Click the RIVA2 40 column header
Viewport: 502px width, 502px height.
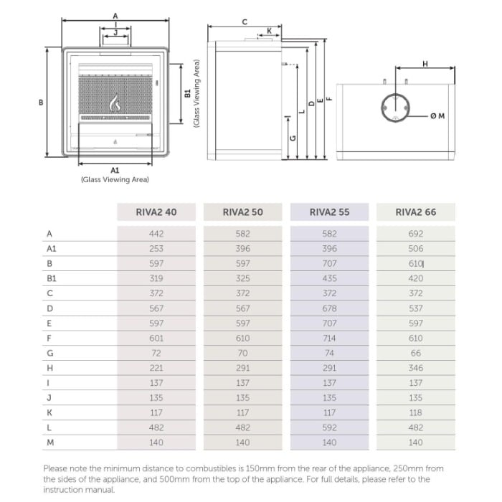[x=156, y=212]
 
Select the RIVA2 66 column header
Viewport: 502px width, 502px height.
[x=415, y=212]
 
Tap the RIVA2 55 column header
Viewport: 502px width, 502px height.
[x=329, y=212]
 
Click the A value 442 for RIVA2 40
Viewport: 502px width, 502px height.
[x=156, y=234]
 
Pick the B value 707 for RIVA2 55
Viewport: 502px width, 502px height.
[x=329, y=263]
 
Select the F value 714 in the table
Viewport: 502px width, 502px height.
[x=329, y=338]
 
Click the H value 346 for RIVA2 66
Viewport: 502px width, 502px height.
[x=415, y=368]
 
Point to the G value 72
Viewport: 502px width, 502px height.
[x=156, y=353]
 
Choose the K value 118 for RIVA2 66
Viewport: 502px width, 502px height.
[x=415, y=412]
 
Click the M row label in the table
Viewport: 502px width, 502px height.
[x=50, y=442]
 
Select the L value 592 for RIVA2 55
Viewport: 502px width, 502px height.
[x=329, y=427]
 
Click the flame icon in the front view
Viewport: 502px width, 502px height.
[x=115, y=103]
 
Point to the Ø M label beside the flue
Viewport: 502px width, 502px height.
[x=437, y=115]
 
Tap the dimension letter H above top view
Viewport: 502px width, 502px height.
[x=425, y=65]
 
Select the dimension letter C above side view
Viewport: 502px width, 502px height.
[x=245, y=22]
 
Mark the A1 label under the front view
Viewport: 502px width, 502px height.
[x=115, y=170]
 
